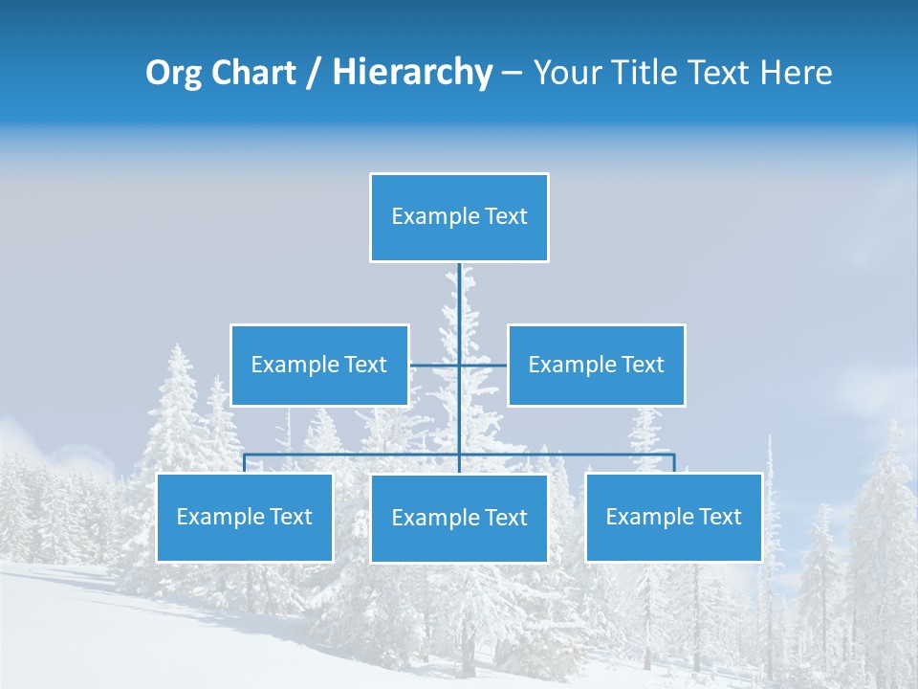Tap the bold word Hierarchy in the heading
(411, 73)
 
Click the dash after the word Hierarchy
(512, 73)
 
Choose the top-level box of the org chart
(459, 217)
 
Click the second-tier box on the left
(319, 365)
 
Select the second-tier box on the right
(596, 365)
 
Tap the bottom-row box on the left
(245, 517)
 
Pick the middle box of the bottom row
(459, 518)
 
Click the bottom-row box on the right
(673, 517)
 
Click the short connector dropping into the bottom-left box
(245, 463)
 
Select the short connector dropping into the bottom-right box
(674, 463)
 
